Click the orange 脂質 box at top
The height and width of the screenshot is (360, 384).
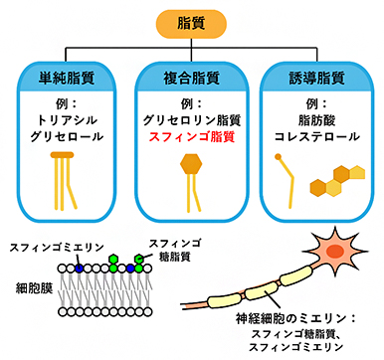(x=191, y=19)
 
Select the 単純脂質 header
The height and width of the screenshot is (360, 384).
(x=65, y=77)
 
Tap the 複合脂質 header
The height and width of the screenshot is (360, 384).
(x=191, y=77)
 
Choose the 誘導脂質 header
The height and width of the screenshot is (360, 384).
(x=317, y=77)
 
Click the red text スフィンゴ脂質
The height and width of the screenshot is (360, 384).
(x=192, y=136)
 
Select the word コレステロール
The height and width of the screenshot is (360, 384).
(x=317, y=136)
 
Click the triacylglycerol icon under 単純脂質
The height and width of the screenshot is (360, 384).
(x=64, y=179)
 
